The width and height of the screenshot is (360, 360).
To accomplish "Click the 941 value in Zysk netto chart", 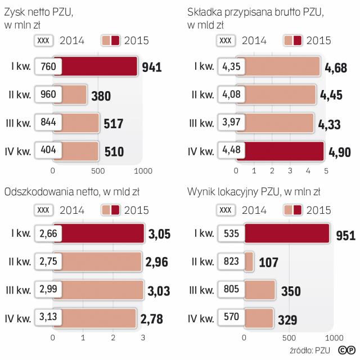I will click(152, 67).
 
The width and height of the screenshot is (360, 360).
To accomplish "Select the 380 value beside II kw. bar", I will click(100, 96).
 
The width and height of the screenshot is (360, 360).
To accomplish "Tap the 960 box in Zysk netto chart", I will click(48, 94).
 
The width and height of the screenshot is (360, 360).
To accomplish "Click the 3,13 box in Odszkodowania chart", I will click(48, 318).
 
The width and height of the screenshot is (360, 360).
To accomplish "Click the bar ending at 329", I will click(260, 318).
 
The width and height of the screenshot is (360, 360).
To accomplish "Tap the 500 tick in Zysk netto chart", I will click(98, 170).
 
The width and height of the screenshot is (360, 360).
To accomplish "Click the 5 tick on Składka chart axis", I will click(326, 170).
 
